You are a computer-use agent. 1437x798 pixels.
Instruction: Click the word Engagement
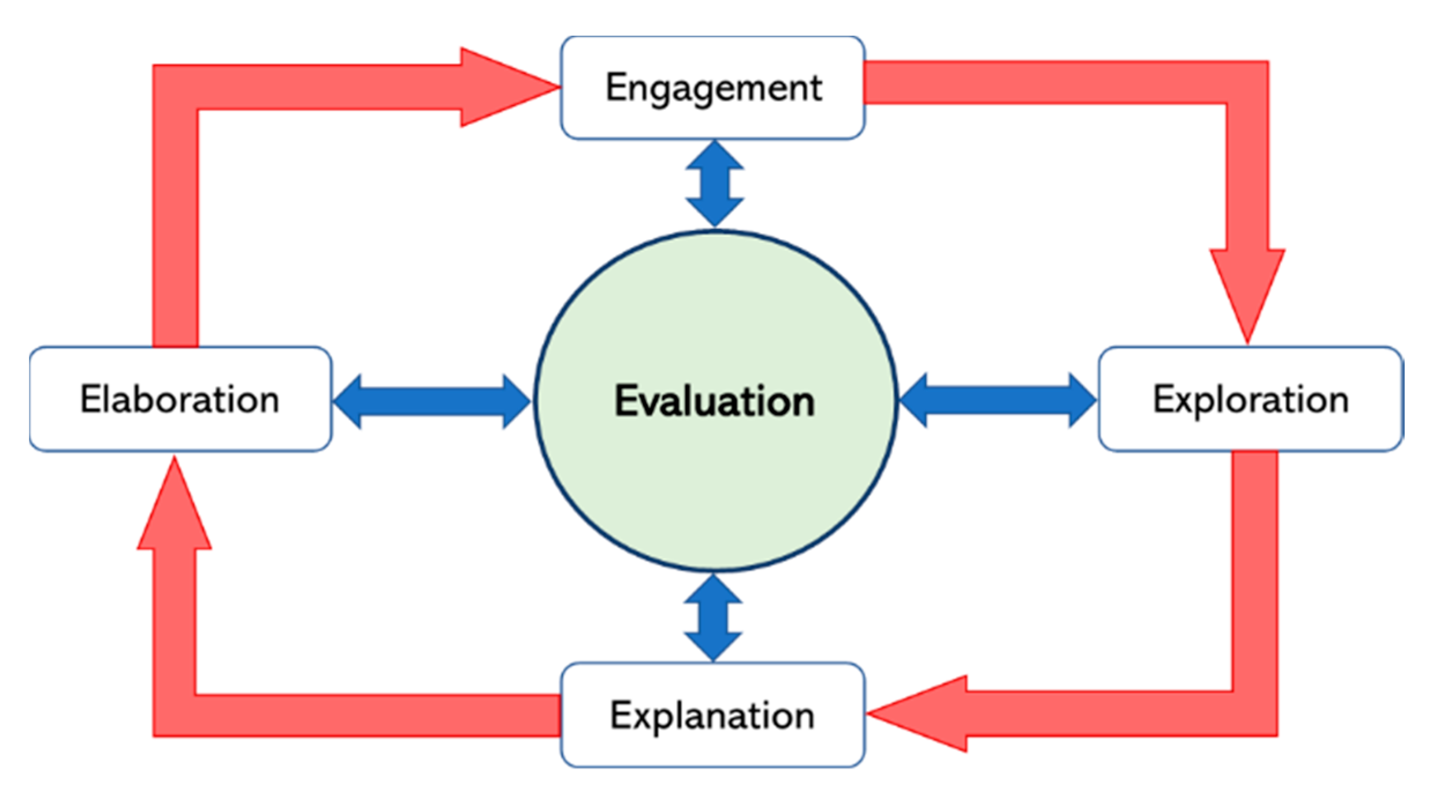click(x=714, y=88)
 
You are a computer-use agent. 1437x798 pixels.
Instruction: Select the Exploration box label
click(x=1250, y=399)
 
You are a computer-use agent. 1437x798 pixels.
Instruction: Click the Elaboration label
click(x=180, y=399)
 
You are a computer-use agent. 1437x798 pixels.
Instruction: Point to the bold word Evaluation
click(x=715, y=401)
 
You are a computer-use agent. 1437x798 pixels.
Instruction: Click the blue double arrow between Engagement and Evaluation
click(x=715, y=184)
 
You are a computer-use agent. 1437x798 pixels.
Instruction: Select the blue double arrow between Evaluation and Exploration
click(x=998, y=400)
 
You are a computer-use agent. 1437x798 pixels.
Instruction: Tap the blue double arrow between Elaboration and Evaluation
click(x=432, y=402)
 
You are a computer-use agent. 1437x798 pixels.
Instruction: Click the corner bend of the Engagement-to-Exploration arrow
click(x=1247, y=83)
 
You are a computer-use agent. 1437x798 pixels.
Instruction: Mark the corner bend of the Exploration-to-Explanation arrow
click(x=1254, y=713)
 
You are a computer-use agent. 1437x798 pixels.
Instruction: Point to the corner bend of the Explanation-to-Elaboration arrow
click(x=174, y=715)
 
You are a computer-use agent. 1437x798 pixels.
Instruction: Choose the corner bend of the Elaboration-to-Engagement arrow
click(x=176, y=87)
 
